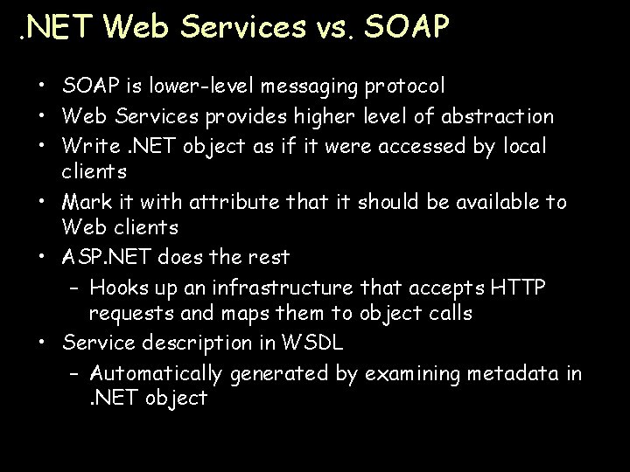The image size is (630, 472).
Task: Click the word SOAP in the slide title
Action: click(x=405, y=27)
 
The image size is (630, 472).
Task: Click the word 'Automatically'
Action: click(x=157, y=373)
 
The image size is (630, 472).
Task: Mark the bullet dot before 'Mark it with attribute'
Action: click(x=43, y=202)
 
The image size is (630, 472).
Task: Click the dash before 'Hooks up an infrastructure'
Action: click(x=73, y=287)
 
